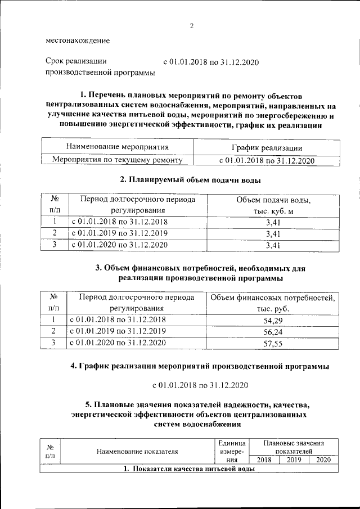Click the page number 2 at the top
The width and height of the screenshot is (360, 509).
click(x=191, y=26)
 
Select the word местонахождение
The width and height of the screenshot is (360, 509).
click(x=78, y=40)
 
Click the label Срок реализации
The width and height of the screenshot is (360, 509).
click(x=75, y=62)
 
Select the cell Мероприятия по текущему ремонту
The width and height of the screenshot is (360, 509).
click(x=118, y=160)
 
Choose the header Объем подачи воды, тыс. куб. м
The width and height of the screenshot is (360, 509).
click(x=272, y=205)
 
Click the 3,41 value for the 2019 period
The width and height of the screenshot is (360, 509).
click(x=272, y=233)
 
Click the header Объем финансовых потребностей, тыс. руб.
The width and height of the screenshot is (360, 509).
click(x=272, y=303)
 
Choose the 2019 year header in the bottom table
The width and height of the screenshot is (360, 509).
click(x=294, y=460)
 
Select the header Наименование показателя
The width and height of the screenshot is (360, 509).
click(x=137, y=451)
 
